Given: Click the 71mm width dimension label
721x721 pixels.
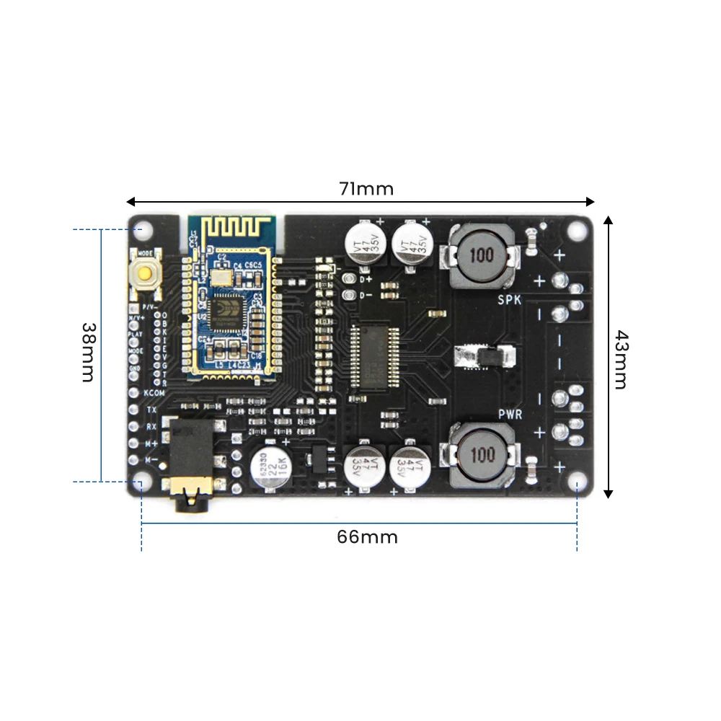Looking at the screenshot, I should tap(366, 189).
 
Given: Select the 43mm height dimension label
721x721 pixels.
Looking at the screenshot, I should tap(620, 359).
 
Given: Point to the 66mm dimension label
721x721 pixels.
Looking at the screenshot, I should tap(367, 537).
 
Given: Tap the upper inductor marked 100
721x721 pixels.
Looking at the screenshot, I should tap(482, 255).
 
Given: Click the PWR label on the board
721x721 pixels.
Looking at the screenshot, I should tap(510, 414).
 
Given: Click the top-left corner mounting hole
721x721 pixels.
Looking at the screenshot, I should tap(143, 231).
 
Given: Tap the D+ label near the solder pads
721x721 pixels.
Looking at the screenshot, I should tap(366, 278).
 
